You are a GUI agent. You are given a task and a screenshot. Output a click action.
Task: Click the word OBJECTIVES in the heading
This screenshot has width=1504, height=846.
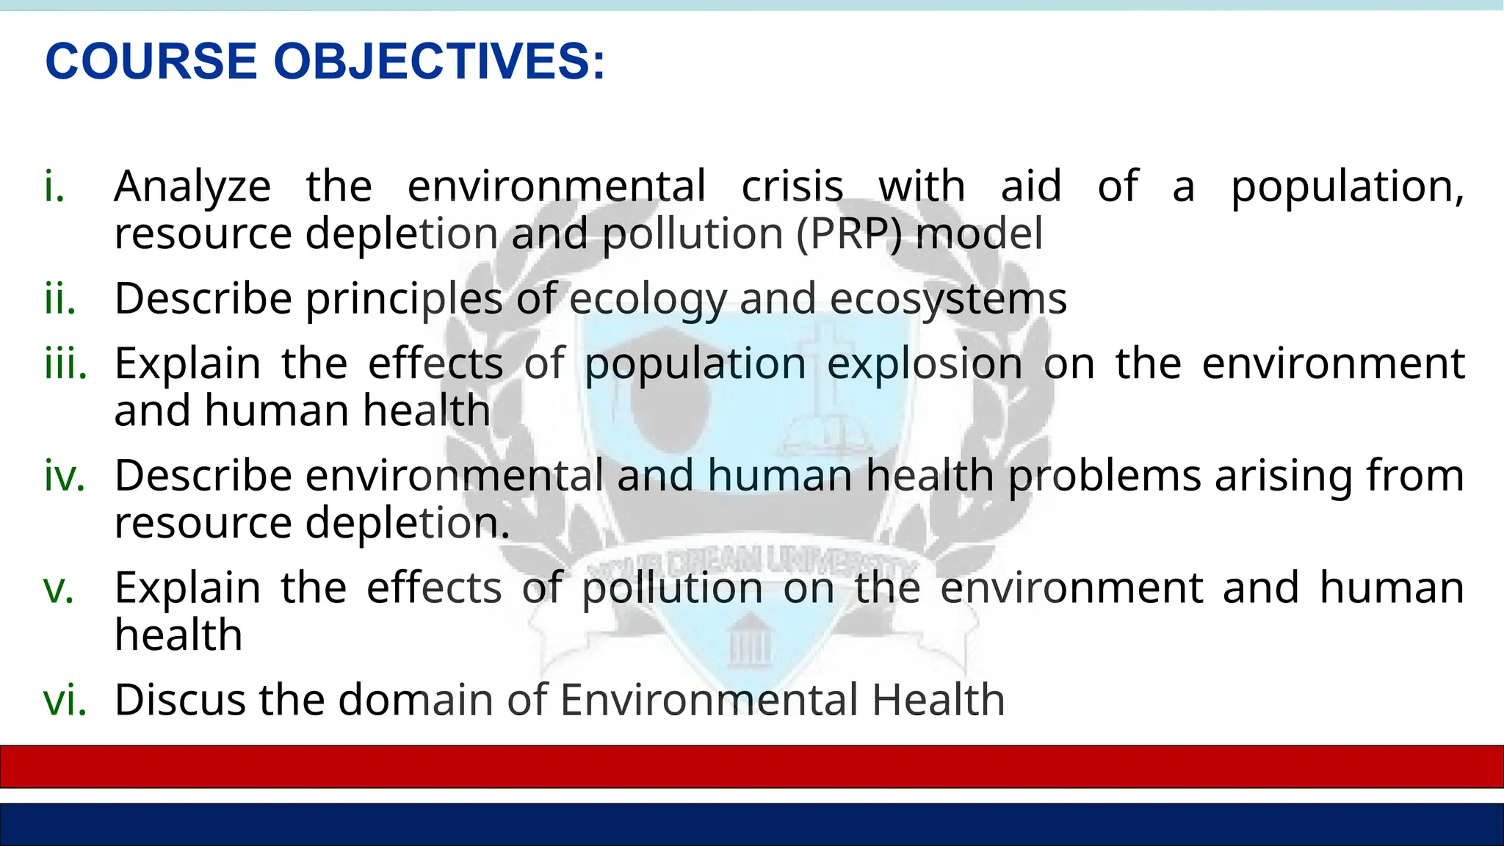pos(439,61)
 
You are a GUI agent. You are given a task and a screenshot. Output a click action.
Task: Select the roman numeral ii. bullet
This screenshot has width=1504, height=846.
pos(59,299)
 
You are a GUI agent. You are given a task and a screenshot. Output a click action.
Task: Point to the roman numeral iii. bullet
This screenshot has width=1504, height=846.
pos(65,364)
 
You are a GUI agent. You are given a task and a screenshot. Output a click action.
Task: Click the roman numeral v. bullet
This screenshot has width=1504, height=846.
pos(59,588)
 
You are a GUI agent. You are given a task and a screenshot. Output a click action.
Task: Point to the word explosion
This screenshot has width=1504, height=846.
pos(925,365)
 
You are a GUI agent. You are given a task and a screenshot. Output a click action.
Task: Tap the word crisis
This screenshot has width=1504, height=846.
pos(792,187)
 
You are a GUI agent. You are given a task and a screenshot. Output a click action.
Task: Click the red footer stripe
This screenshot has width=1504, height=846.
pos(752,767)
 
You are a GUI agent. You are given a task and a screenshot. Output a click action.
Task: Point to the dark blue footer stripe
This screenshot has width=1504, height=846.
pos(752,824)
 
